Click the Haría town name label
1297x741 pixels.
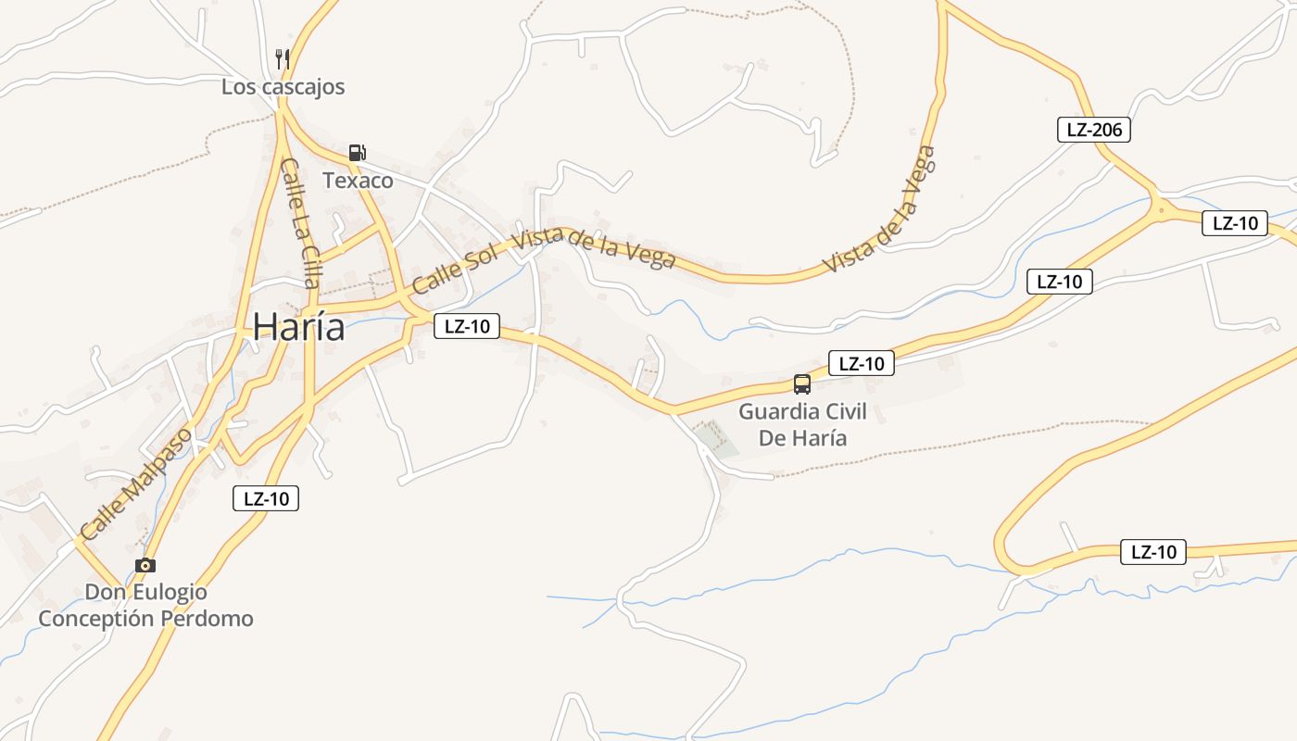coord(298,327)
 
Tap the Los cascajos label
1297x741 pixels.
coord(283,87)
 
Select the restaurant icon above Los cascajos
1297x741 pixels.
coord(283,59)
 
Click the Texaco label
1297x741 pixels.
coord(358,181)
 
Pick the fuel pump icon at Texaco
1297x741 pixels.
coord(357,153)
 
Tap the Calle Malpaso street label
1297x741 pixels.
coord(136,484)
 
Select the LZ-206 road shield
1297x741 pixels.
coord(1093,130)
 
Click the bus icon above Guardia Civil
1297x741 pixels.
coord(802,383)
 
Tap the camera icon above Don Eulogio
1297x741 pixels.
coord(145,565)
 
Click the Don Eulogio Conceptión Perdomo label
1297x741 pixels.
coord(145,605)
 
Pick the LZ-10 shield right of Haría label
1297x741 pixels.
coord(467,326)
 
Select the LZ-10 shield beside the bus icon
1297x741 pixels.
coord(861,364)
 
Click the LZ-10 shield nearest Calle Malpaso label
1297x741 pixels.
coord(266,498)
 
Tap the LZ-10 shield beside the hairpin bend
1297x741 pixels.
coord(1153,552)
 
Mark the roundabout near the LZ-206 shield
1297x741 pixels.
coord(1161,209)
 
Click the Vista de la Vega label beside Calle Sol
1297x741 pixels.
coord(594,248)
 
